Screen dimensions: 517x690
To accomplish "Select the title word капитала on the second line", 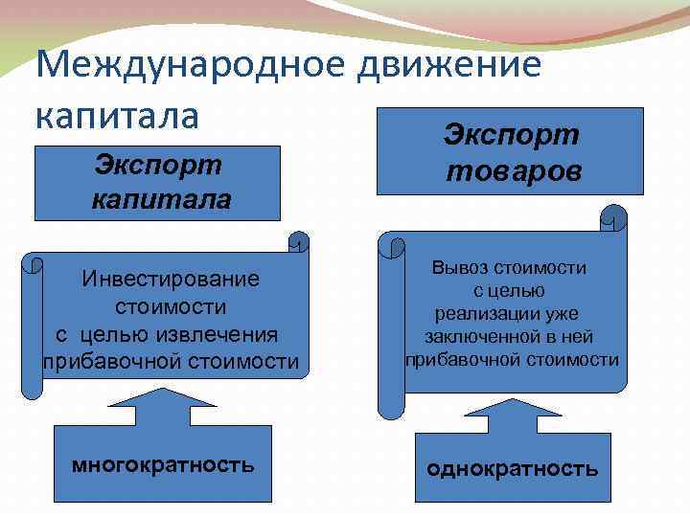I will pyautogui.click(x=117, y=115).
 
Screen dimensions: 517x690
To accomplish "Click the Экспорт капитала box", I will pyautogui.click(x=158, y=183).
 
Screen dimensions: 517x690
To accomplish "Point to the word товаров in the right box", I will pyautogui.click(x=511, y=172).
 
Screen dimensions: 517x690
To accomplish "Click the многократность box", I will pyautogui.click(x=163, y=466).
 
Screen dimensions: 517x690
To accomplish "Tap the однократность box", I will pyautogui.click(x=513, y=468).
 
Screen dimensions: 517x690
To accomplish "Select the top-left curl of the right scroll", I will pyautogui.click(x=391, y=246).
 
